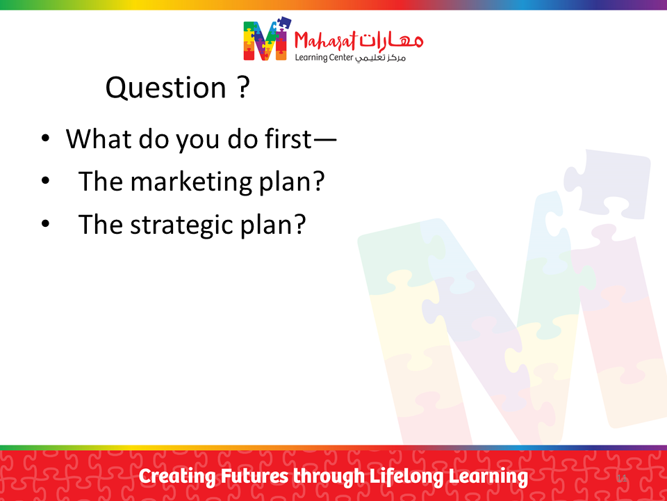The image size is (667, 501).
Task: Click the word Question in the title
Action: pyautogui.click(x=166, y=88)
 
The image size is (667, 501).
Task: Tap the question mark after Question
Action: pyautogui.click(x=243, y=87)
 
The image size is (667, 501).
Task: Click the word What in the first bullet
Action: pyautogui.click(x=99, y=139)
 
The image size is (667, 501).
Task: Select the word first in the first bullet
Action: pyautogui.click(x=288, y=138)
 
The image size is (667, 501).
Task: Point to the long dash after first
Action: pyautogui.click(x=324, y=139)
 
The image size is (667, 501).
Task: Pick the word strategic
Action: pyautogui.click(x=181, y=225)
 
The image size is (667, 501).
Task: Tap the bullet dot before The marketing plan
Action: pyautogui.click(x=46, y=181)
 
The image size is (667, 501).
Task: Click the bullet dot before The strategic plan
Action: pyautogui.click(x=46, y=223)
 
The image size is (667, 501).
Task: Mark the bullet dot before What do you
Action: pyautogui.click(x=46, y=138)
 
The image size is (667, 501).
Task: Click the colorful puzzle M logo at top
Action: pyautogui.click(x=267, y=39)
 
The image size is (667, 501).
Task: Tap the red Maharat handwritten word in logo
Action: pyautogui.click(x=325, y=42)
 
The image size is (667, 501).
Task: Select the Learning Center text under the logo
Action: pyautogui.click(x=324, y=58)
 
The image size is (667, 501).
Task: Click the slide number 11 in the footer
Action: pyautogui.click(x=621, y=478)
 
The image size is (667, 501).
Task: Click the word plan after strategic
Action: pyautogui.click(x=273, y=225)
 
